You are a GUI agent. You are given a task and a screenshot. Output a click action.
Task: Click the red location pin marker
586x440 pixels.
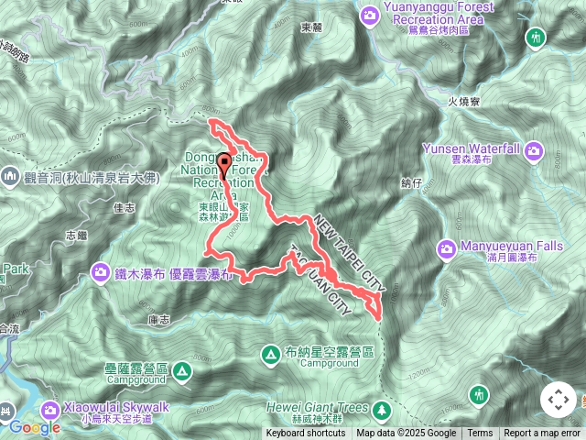[225, 165]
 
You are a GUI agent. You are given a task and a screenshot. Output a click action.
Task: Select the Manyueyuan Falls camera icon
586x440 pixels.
[447, 247]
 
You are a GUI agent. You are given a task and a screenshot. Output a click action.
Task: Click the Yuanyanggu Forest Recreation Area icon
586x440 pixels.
[370, 14]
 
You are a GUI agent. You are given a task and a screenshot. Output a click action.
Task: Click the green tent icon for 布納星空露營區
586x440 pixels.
[270, 353]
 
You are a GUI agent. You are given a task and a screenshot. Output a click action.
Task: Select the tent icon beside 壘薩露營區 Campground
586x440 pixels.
[181, 371]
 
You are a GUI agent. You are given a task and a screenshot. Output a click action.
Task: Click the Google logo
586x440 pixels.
[34, 427]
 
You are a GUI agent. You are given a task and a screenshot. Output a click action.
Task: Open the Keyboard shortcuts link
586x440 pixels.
[306, 434]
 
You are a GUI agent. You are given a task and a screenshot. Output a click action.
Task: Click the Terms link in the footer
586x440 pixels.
[480, 434]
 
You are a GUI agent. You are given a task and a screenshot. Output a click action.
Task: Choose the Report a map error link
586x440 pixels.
[542, 434]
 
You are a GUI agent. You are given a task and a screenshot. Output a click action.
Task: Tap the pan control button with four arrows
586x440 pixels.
[558, 400]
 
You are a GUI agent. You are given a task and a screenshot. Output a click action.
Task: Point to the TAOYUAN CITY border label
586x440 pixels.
[320, 280]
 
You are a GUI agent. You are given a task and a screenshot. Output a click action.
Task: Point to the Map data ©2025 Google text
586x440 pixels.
[406, 434]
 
